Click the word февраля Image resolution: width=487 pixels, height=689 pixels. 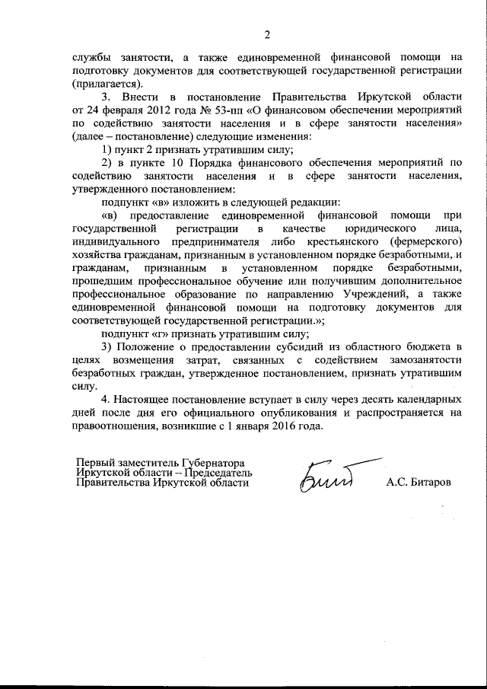(x=110, y=111)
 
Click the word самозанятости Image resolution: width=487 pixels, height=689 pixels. (x=423, y=361)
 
